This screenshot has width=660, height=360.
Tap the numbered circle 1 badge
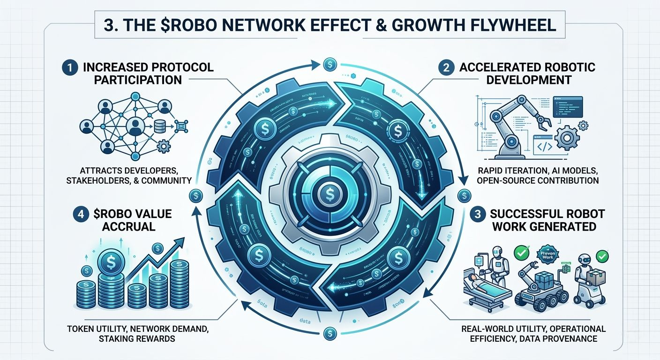click(x=67, y=67)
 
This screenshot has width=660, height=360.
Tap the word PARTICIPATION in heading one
click(x=138, y=80)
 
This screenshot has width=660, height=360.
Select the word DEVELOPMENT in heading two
click(x=529, y=80)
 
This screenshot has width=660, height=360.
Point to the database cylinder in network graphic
click(x=160, y=126)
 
